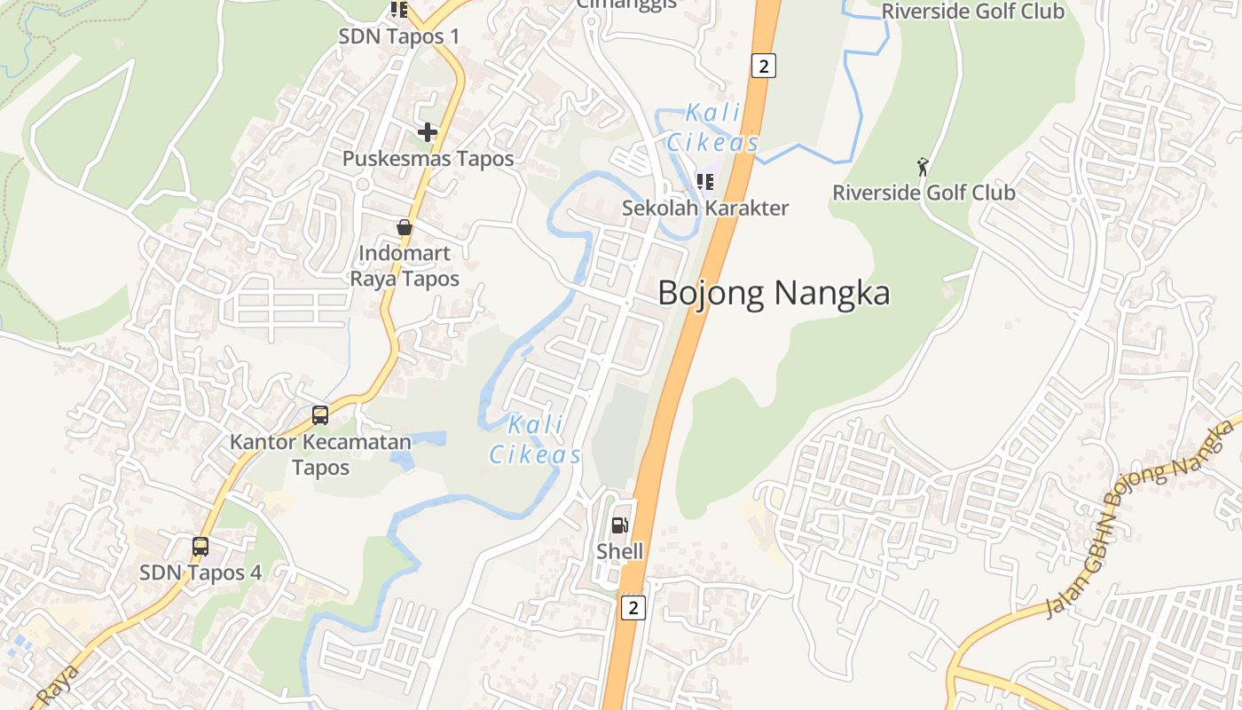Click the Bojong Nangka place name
pos(774,293)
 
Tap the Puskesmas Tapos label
pos(428,159)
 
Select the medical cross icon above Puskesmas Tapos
pos(428,133)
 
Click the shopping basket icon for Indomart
pos(405,227)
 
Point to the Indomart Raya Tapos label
pos(405,266)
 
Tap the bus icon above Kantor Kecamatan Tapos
pos(320,415)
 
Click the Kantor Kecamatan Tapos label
pos(320,454)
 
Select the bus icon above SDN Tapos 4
pos(200,547)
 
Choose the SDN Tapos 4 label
pos(200,572)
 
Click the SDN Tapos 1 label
pos(399,36)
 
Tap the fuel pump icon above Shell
pos(620,525)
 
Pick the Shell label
pos(619,551)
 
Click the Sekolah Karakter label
pos(705,209)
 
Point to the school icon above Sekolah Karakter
pos(705,183)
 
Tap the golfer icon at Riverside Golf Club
pos(924,167)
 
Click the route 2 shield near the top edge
pos(763,65)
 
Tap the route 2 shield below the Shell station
pos(632,608)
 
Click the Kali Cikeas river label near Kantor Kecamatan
pos(537,440)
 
